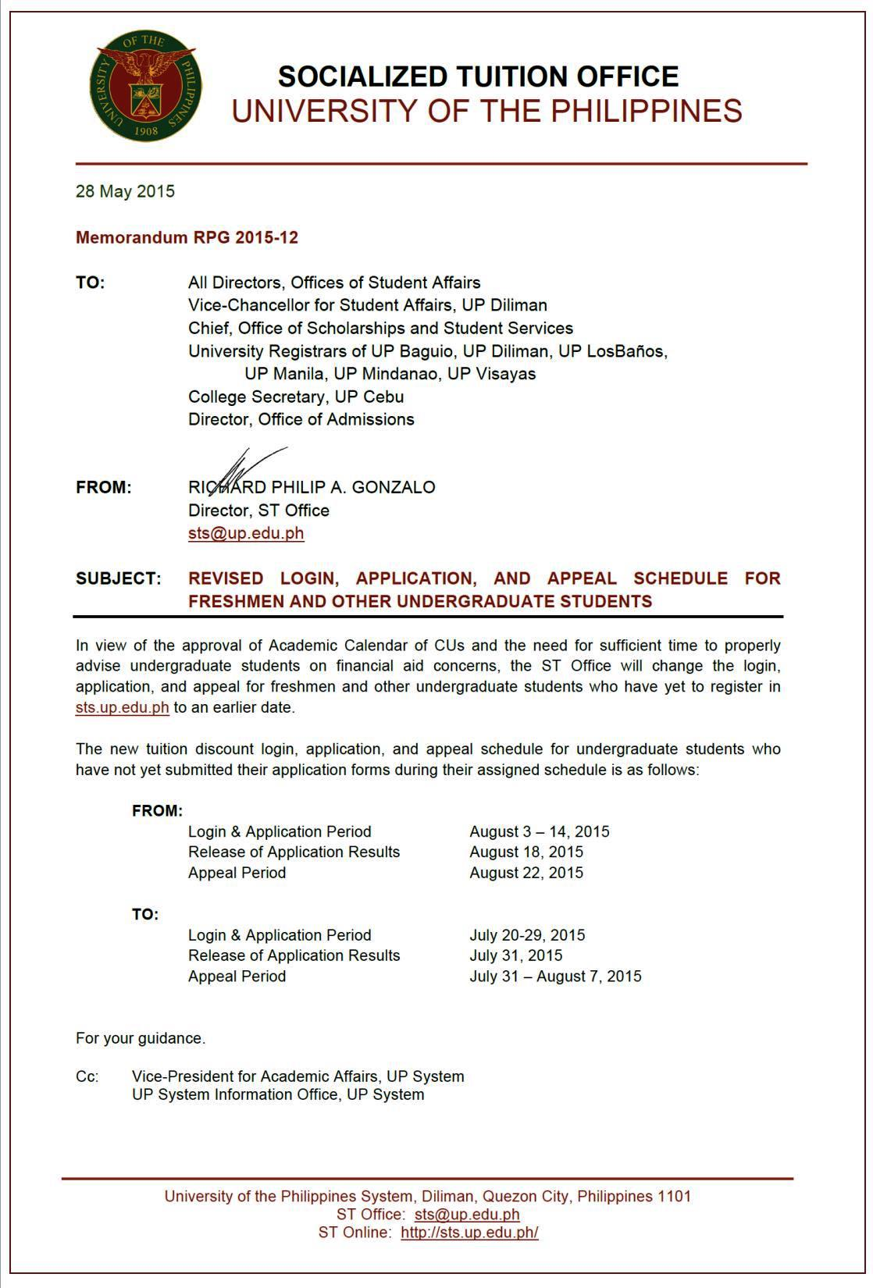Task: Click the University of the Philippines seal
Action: [146, 85]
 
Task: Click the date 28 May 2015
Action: [125, 192]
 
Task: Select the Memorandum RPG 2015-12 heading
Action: [187, 237]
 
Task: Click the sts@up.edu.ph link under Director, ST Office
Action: [246, 533]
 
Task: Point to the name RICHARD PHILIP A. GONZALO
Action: [312, 488]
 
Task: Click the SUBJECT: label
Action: [119, 579]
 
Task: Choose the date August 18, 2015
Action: [526, 852]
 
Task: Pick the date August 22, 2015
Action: [526, 873]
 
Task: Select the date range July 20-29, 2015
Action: [527, 935]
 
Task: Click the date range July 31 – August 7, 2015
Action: [555, 977]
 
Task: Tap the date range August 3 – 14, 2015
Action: [540, 832]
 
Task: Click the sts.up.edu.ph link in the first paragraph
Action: [123, 708]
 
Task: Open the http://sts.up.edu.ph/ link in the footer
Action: [469, 1233]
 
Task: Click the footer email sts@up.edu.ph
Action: [467, 1215]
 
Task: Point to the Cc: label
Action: [87, 1077]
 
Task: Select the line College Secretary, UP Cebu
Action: [296, 397]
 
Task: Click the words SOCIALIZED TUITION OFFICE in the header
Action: [478, 76]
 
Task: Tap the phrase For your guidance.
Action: [141, 1039]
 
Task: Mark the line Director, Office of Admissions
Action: [301, 420]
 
